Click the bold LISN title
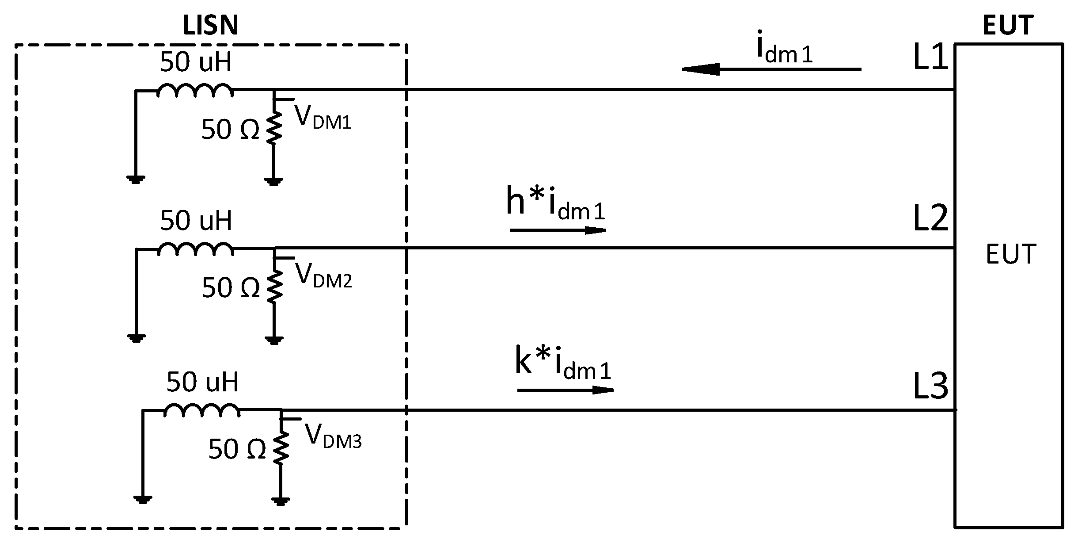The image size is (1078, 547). [210, 25]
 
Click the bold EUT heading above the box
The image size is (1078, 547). [1008, 25]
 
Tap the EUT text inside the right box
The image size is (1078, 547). [1011, 254]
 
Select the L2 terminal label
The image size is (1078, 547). [930, 218]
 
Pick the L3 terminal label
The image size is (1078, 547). [930, 386]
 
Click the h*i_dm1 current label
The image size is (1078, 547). [555, 205]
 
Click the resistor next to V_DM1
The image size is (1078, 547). [274, 127]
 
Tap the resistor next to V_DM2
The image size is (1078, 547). [274, 286]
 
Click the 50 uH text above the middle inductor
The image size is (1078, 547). [196, 221]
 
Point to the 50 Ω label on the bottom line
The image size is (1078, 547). [237, 450]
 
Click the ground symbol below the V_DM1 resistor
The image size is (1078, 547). [274, 180]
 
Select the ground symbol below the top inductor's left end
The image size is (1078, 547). [136, 180]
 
